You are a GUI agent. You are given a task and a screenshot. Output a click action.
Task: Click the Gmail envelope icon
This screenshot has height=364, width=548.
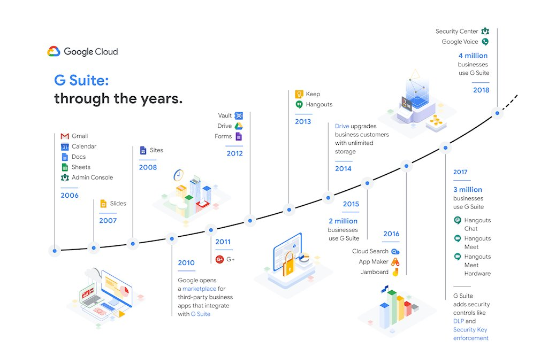[x=65, y=136]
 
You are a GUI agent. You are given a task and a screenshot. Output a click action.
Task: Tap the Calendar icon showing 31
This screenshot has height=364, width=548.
[x=65, y=146]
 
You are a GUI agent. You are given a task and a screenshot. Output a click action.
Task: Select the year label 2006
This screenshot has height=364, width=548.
[x=70, y=196]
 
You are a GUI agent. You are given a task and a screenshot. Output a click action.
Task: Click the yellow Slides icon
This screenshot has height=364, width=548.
[x=103, y=203]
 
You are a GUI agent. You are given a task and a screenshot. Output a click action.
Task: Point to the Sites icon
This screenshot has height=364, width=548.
[x=143, y=150]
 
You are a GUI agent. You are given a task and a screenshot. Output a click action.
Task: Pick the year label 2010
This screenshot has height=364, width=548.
[x=186, y=263]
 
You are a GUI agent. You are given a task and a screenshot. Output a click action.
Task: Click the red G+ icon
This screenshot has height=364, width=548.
[x=219, y=259]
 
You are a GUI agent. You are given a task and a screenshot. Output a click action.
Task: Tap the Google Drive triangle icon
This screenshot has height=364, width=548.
[x=239, y=126]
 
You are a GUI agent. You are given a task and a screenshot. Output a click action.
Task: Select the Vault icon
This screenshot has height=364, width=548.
[x=239, y=115]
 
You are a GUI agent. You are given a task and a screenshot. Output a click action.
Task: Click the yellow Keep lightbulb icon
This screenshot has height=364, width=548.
[x=299, y=94]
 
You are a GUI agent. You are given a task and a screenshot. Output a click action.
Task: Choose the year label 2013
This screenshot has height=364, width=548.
[x=303, y=122]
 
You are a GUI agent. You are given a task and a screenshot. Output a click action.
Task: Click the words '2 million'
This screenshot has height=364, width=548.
[x=343, y=221]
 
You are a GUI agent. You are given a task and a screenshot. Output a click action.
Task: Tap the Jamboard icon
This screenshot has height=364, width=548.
[x=395, y=272]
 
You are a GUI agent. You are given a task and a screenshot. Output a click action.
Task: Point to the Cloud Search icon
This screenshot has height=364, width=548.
[x=395, y=251]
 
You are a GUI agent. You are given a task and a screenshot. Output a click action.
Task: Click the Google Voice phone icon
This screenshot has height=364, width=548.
[x=485, y=42]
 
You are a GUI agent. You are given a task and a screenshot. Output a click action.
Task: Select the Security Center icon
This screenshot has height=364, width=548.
[x=485, y=32]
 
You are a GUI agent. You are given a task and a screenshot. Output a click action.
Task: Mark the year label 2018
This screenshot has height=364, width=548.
[x=481, y=90]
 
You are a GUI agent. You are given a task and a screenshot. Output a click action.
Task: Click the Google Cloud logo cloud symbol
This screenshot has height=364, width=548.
[x=54, y=52]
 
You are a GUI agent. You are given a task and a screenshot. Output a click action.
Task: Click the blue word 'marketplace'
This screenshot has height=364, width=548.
[x=199, y=289]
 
